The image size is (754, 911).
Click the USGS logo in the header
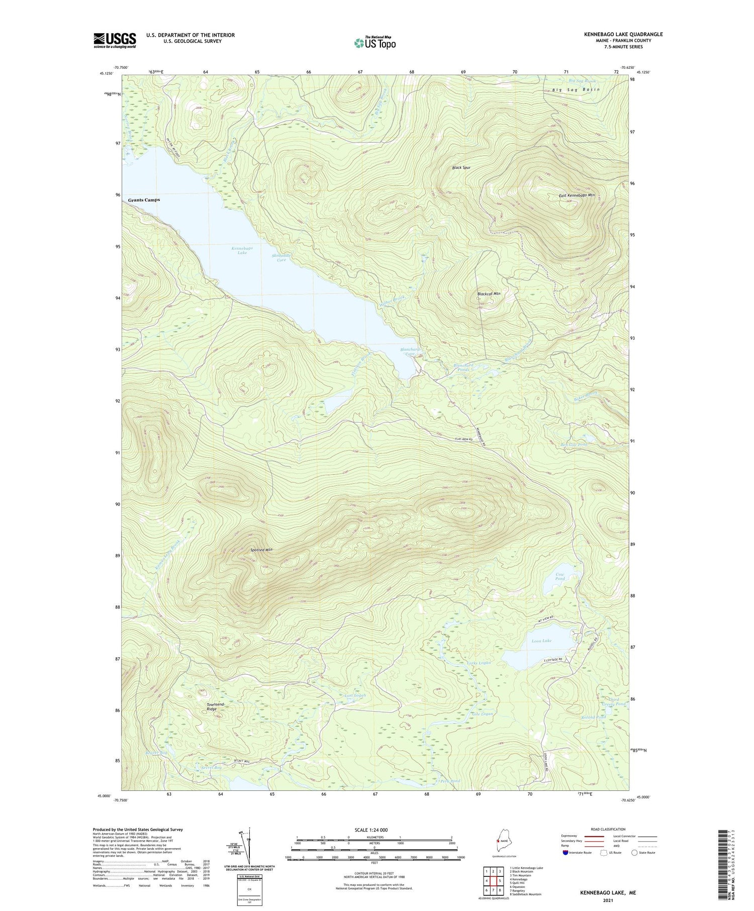tap(115, 40)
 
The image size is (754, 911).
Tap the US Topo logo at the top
tap(374, 43)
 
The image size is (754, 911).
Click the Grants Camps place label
tap(144, 200)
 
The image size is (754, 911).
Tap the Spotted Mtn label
tap(262, 550)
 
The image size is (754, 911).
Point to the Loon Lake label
tap(541, 641)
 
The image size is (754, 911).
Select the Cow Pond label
tap(560, 576)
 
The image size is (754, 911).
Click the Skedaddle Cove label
tap(281, 258)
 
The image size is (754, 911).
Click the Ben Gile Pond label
tap(574, 445)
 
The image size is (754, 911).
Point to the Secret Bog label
tap(211, 767)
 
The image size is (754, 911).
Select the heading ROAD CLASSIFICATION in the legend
tap(608, 829)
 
